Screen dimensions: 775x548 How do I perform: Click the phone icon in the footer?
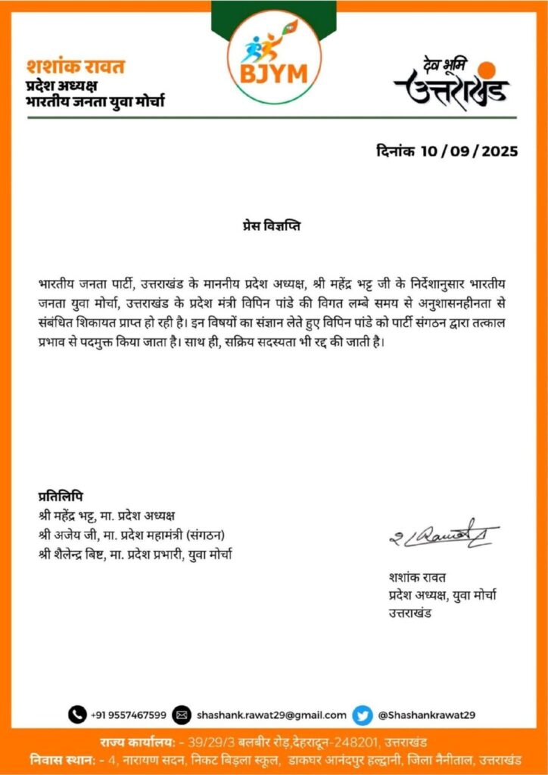(x=77, y=714)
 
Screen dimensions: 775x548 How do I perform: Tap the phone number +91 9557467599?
(x=129, y=714)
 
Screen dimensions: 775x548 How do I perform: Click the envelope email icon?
(x=182, y=714)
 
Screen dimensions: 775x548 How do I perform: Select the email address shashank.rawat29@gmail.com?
(x=271, y=714)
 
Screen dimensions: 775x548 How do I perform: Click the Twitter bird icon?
(x=363, y=714)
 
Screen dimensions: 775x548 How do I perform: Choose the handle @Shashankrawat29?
(x=426, y=714)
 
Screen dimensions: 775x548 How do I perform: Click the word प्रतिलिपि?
(x=61, y=496)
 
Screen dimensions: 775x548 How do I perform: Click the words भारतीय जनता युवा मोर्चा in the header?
(x=95, y=101)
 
